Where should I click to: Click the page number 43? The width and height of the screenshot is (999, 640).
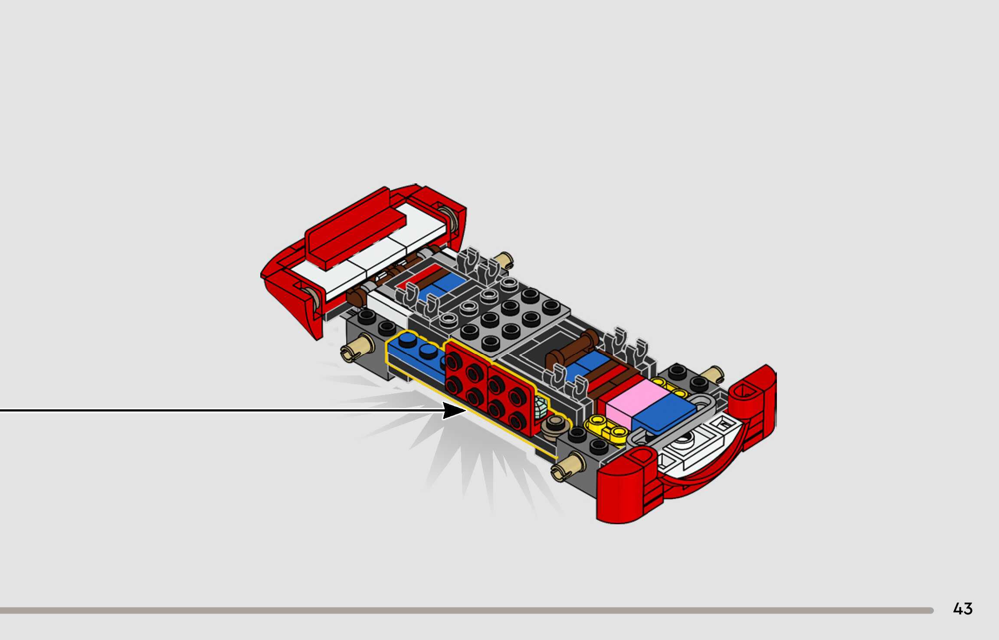coord(963,609)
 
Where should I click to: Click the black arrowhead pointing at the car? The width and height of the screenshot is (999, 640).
coord(454,410)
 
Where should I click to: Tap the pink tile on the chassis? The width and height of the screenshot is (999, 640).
coord(637,402)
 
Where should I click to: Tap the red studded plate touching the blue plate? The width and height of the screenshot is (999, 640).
coord(468,371)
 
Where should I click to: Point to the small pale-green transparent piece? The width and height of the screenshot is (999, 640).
coord(540,408)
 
